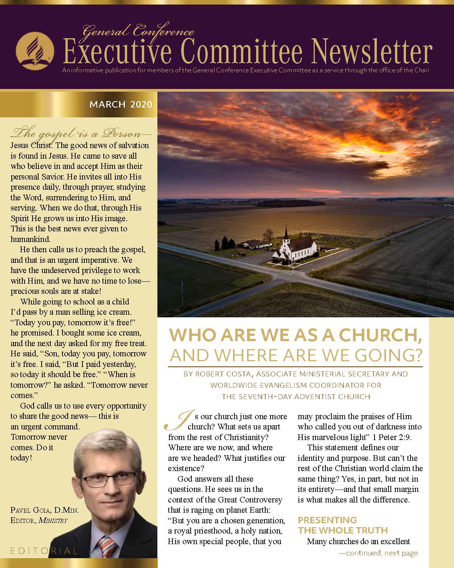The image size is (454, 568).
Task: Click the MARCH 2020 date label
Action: (121, 104)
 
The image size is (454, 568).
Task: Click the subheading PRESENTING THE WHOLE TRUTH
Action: (343, 525)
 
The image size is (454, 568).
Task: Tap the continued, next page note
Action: (378, 553)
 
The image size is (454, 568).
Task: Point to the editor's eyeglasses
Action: (109, 480)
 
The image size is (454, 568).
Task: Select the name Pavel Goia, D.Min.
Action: (45, 510)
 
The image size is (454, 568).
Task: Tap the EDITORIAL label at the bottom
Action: (44, 550)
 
